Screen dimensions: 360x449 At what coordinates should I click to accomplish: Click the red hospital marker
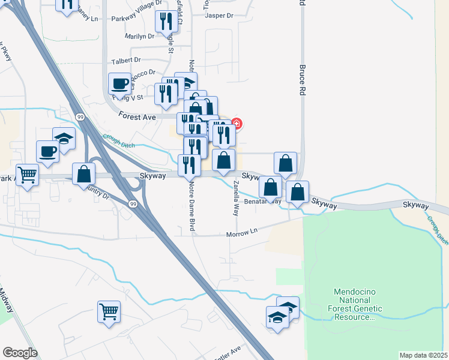pos(237,124)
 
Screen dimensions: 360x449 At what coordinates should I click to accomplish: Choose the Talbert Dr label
pos(126,60)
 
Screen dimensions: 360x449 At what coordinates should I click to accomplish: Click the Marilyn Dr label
pos(139,36)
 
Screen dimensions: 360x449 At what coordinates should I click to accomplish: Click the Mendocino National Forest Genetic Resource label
pos(358,304)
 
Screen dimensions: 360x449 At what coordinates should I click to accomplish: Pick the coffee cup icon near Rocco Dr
pos(119,83)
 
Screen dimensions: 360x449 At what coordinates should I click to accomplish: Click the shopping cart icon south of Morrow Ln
pos(109,312)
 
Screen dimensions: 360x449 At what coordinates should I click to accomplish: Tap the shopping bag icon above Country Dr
pos(84,174)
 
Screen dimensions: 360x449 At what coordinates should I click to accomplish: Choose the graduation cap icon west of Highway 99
pos(64,138)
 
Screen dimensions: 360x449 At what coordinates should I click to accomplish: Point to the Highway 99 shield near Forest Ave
pos(80,116)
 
